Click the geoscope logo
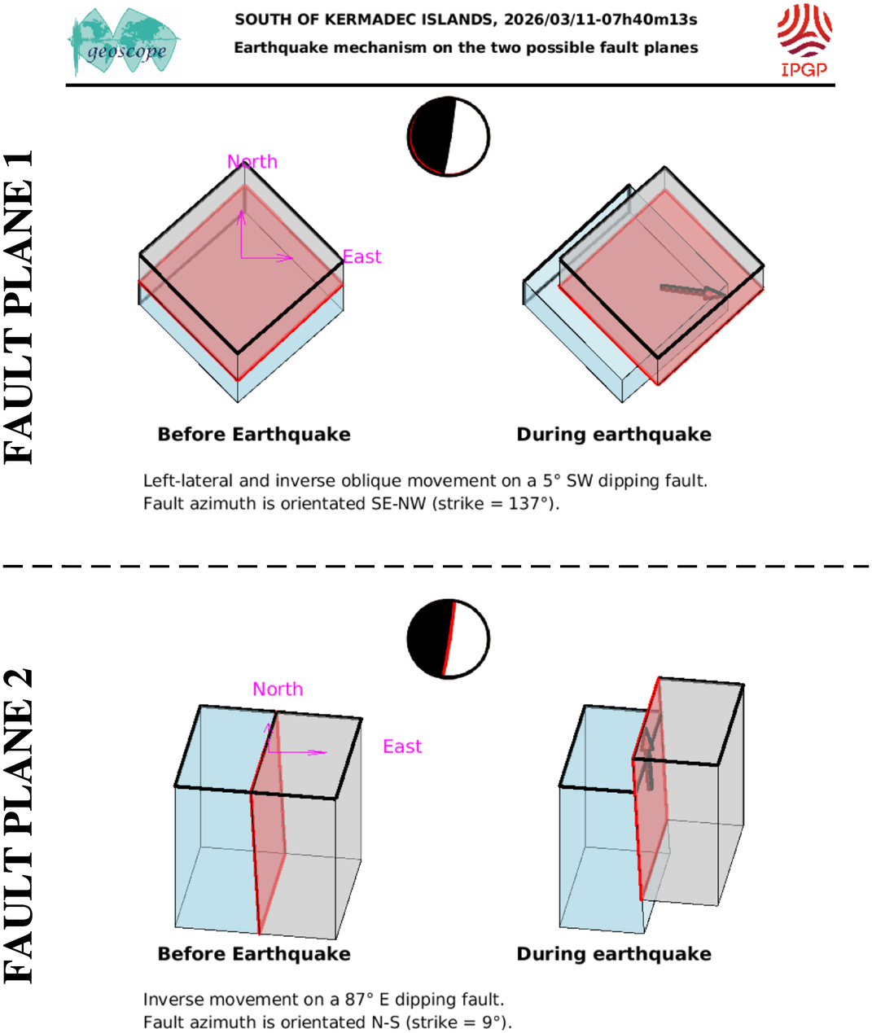coord(125,42)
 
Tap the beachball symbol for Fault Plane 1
coord(449,137)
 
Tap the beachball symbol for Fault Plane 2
coord(449,639)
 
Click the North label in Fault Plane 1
coord(252,161)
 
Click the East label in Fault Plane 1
coord(362,257)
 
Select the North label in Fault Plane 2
coord(278,689)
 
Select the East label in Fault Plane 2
coord(402,746)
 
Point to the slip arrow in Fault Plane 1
coord(691,291)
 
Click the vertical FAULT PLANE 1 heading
coord(20,308)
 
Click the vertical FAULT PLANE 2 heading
coord(20,825)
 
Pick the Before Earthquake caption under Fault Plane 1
coord(254,435)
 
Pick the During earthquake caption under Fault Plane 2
coord(614,954)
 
